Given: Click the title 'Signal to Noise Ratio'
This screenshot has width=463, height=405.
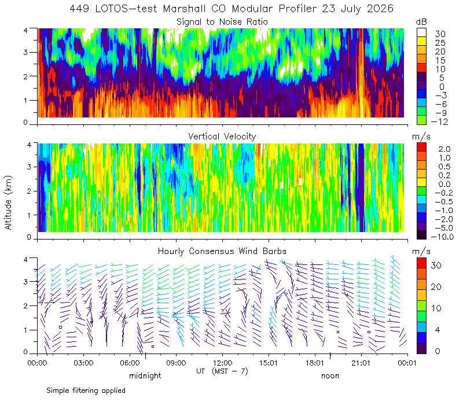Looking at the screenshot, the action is pos(222,22).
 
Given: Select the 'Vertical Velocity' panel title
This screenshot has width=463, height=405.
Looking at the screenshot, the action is pos(222,137).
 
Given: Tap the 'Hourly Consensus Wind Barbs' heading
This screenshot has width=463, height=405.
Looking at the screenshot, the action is pos(222,251).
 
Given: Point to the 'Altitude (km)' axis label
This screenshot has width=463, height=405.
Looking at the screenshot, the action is pos(8,203).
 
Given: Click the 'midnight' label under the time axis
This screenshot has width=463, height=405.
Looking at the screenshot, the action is pos(145,375).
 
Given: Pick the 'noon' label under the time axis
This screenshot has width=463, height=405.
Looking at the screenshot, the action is pos(330,376).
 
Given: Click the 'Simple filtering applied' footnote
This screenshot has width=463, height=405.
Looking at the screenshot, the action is pos(86,391).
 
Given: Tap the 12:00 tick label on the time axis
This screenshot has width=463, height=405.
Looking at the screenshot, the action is pos(222,363).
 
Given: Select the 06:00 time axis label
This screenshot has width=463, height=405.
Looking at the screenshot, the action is pos(130,363).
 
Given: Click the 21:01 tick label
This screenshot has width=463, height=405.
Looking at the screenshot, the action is pos(361,363).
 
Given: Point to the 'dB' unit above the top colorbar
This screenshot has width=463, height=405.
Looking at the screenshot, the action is pos(421,22).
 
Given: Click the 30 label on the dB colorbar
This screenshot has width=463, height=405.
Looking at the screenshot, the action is pos(440,34).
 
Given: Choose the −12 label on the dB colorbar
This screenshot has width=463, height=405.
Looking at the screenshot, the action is pos(439,122).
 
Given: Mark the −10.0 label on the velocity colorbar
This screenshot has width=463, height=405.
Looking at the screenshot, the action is pos(442,237).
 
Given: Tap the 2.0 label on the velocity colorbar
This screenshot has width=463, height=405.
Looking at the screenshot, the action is pos(444,149).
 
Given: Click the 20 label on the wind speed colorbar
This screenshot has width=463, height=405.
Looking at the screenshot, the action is pos(436,287).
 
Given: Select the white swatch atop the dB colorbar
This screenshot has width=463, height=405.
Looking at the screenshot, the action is pos(421,32).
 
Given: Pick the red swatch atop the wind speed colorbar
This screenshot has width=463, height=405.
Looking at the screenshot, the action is pos(421,263).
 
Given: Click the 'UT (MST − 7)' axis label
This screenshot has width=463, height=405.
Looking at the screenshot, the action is pos(222,371).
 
